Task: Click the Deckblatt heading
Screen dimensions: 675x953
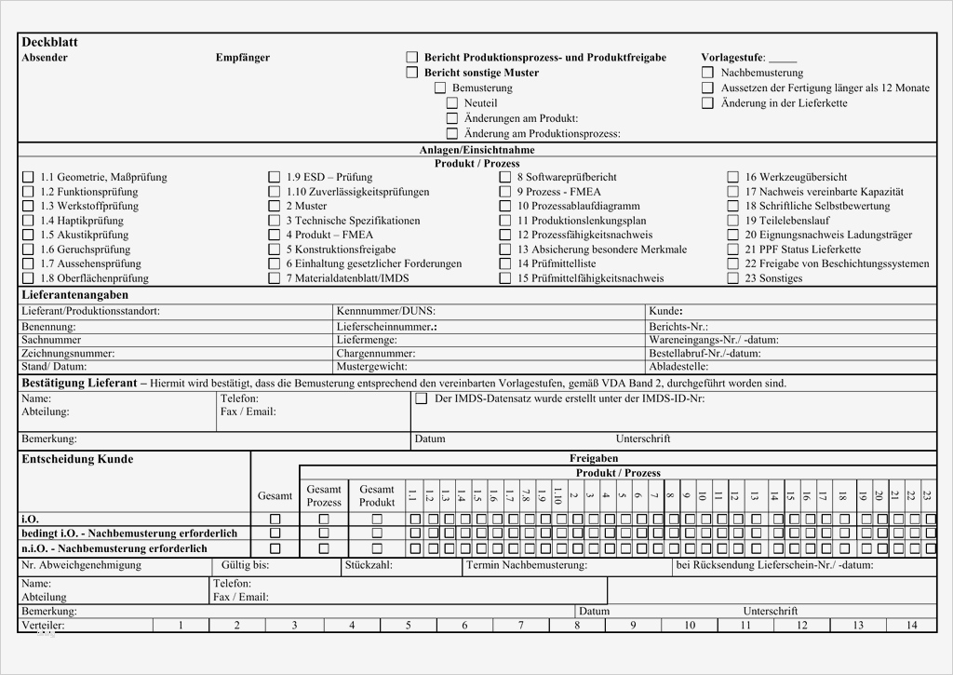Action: (49, 43)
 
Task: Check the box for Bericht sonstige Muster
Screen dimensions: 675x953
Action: (412, 73)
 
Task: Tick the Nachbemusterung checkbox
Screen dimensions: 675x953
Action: (708, 73)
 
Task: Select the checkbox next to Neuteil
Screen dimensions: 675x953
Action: (452, 103)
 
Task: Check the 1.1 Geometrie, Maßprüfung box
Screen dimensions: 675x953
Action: (28, 177)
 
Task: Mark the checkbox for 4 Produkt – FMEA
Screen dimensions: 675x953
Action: (275, 236)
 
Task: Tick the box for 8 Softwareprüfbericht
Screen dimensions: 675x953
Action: (505, 177)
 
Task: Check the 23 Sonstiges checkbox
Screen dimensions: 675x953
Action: (733, 278)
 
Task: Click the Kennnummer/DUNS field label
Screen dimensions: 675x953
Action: (385, 311)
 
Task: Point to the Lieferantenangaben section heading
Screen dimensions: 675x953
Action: (75, 295)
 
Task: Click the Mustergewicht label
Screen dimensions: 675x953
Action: (372, 367)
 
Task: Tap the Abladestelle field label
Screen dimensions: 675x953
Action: (681, 367)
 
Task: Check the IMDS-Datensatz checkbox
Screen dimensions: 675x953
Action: (421, 398)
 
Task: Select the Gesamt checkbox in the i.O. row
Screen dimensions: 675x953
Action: (275, 519)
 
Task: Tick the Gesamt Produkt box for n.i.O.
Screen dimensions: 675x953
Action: (377, 548)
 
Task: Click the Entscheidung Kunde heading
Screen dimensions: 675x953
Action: (77, 459)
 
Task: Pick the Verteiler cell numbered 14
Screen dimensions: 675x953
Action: (910, 626)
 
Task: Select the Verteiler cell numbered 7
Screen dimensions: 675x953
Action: (521, 626)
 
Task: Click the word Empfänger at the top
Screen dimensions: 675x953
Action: (243, 58)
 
